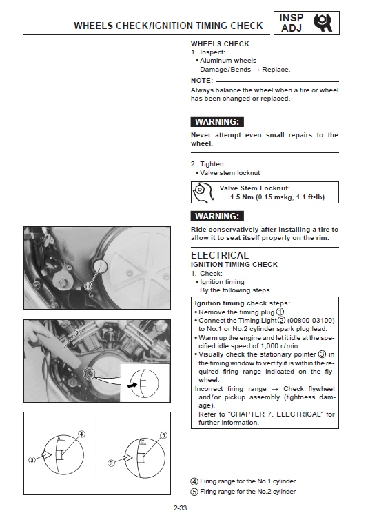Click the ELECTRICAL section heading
pyautogui.click(x=219, y=255)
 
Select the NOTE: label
pyautogui.click(x=202, y=80)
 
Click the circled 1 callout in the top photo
pyautogui.click(x=88, y=285)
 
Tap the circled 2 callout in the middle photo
pyautogui.click(x=77, y=332)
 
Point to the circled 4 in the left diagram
pyautogui.click(x=81, y=434)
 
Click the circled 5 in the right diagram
pyautogui.click(x=163, y=435)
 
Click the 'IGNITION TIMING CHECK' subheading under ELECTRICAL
pyautogui.click(x=234, y=265)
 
